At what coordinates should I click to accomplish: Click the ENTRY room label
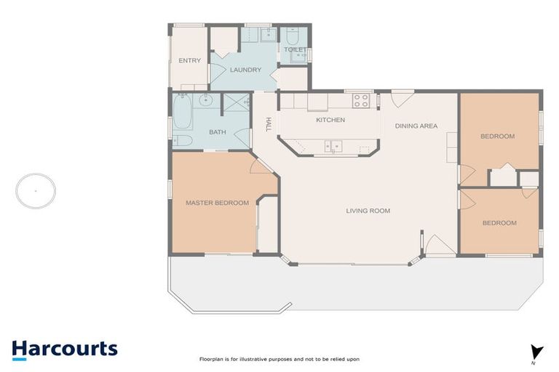pos(190,60)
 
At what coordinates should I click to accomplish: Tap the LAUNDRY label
pos(245,70)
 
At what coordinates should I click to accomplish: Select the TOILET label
pos(296,49)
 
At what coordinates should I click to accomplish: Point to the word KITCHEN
pos(330,120)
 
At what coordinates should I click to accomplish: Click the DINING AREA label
pos(416,126)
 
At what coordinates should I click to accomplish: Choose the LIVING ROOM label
pos(368,211)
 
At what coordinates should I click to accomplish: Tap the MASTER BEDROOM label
pos(217,203)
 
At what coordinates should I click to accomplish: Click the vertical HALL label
pos(269,124)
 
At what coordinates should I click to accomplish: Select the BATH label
pos(218,132)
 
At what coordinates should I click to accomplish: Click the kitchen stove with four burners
pos(361,100)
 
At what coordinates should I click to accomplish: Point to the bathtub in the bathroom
pos(183,111)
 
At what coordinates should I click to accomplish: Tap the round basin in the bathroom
pos(206,100)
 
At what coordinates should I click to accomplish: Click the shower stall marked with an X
pos(236,102)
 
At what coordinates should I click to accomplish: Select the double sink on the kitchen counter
pos(333,146)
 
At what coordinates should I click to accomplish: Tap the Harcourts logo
pos(65,350)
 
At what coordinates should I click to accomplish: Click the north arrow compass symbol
pos(536,353)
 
